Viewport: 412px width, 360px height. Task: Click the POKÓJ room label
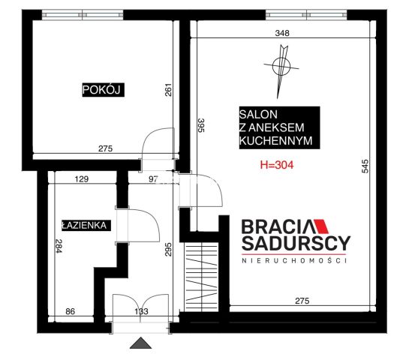(104, 90)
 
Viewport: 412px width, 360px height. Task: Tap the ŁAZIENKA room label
(86, 225)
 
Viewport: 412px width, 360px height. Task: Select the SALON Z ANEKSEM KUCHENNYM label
(279, 127)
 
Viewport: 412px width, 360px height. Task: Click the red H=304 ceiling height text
(277, 165)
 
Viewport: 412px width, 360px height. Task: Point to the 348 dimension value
(282, 33)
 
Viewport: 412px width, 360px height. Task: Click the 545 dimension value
(365, 166)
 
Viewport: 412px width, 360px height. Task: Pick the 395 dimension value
(201, 125)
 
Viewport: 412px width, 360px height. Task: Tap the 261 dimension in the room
(168, 90)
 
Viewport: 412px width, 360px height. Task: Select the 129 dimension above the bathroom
(82, 179)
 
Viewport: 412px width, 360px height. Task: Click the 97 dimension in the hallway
(153, 179)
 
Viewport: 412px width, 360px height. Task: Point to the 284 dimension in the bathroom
(59, 246)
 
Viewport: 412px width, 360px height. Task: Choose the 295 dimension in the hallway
(168, 249)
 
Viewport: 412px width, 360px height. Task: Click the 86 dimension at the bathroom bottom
(70, 311)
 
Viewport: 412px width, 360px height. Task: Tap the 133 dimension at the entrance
(141, 311)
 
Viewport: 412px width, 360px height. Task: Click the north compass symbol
(281, 71)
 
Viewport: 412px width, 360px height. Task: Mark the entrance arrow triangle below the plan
(140, 343)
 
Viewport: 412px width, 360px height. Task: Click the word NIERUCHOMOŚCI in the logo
(294, 260)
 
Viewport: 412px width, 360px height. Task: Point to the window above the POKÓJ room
(83, 15)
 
